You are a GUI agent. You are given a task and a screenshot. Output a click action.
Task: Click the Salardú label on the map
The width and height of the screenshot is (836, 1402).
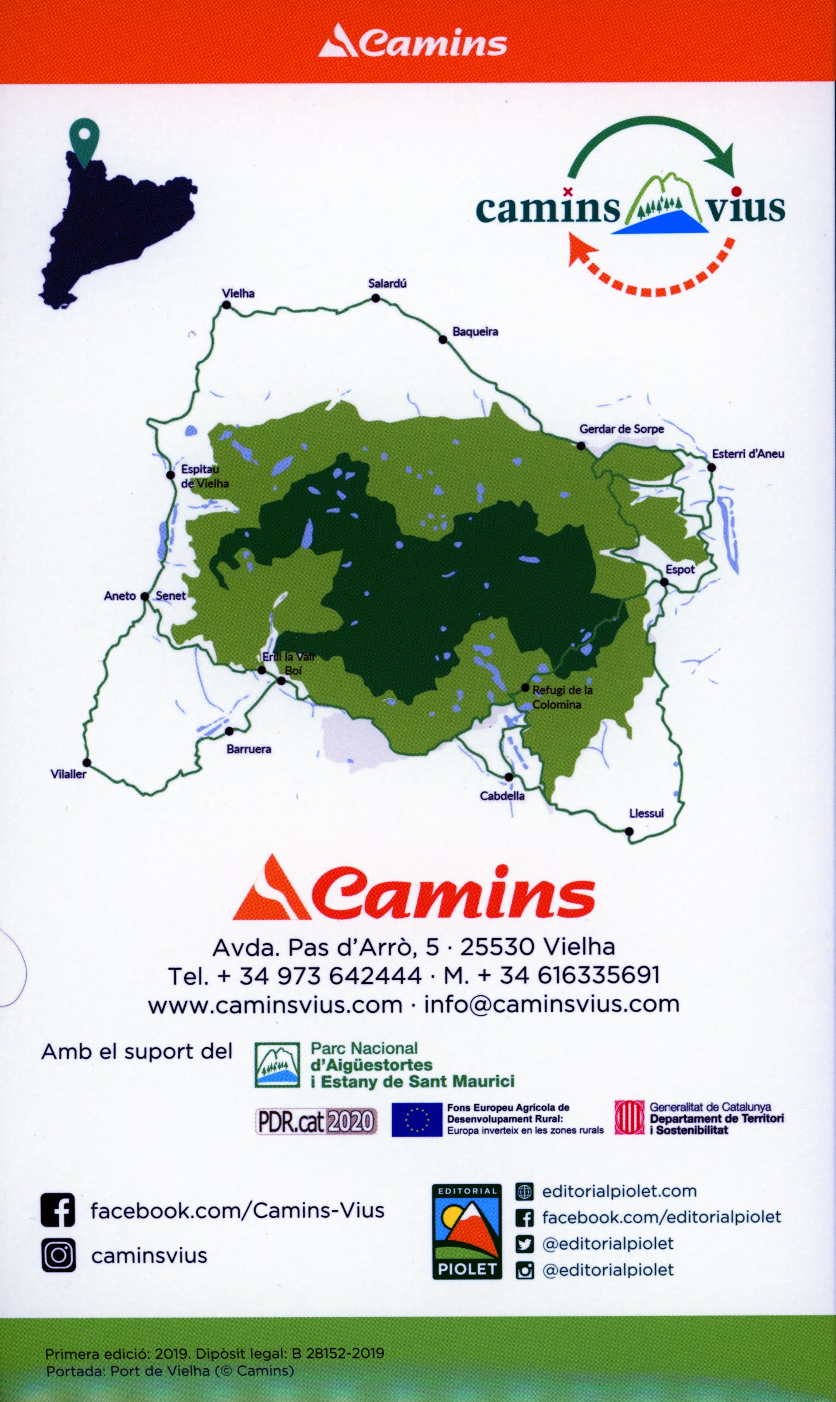(x=387, y=283)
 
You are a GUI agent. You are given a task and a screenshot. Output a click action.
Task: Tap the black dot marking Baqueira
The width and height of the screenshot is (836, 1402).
(x=443, y=339)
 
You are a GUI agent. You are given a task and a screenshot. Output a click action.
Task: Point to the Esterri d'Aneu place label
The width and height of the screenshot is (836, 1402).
(x=748, y=454)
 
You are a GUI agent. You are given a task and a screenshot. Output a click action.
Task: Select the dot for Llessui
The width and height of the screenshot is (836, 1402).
(x=629, y=831)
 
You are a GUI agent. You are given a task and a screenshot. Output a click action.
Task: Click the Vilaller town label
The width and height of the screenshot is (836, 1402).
(x=68, y=774)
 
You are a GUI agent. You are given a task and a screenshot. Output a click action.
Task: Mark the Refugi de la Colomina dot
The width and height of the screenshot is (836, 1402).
(x=525, y=688)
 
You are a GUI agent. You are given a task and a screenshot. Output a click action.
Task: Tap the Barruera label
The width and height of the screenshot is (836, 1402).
(x=249, y=749)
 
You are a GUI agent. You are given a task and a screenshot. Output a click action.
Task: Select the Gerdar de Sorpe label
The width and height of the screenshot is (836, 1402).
(x=622, y=429)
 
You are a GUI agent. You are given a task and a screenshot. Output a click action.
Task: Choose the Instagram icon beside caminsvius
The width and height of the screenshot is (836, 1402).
(x=58, y=1255)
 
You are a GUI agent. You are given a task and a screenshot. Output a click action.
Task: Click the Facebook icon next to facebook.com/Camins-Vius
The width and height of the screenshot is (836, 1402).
(x=58, y=1210)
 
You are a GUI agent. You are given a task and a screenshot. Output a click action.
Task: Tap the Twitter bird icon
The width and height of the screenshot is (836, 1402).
(x=525, y=1244)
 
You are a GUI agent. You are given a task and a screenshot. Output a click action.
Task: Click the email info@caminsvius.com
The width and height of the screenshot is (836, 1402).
(x=552, y=1004)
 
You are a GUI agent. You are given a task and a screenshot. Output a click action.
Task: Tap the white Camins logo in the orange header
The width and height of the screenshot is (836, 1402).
(x=413, y=42)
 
